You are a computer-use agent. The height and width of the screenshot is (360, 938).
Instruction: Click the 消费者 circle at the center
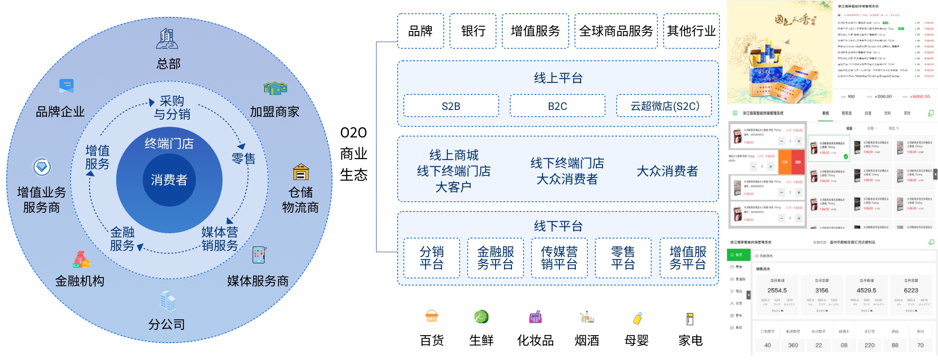[x=169, y=180]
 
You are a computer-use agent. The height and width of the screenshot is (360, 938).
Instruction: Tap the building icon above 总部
[x=167, y=39]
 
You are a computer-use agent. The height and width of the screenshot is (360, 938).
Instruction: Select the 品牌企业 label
[x=60, y=112]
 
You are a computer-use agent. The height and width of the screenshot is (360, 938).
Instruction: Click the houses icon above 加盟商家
[x=275, y=88]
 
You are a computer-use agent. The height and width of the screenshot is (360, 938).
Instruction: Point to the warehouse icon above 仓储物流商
[x=301, y=172]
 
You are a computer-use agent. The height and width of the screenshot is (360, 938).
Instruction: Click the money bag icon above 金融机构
[x=81, y=260]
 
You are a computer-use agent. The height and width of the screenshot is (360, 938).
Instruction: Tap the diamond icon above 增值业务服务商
[x=42, y=167]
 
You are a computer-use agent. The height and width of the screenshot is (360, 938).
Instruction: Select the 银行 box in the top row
[x=473, y=31]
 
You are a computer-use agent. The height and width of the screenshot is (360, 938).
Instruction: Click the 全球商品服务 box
[x=616, y=31]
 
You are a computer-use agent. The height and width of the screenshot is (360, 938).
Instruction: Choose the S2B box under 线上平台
[x=451, y=106]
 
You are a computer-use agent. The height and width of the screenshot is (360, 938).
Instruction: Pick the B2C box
[x=557, y=106]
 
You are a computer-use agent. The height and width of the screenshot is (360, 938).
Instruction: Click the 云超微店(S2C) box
[x=664, y=106]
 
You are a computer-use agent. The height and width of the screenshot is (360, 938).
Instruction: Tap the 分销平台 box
[x=431, y=258]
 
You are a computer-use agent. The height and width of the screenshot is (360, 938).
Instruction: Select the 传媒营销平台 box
[x=559, y=258]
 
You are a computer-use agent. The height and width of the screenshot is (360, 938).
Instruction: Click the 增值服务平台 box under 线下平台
[x=688, y=258]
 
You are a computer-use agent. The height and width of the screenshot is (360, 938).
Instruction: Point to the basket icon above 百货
[x=431, y=317]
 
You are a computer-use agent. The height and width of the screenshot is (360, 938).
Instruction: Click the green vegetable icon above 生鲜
[x=481, y=317]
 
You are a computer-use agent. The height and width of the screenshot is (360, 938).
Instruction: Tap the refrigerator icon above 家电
[x=690, y=318]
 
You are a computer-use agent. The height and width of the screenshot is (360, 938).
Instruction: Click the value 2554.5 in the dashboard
[x=777, y=290]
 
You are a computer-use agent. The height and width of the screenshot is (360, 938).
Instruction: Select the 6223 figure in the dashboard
[x=911, y=290]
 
